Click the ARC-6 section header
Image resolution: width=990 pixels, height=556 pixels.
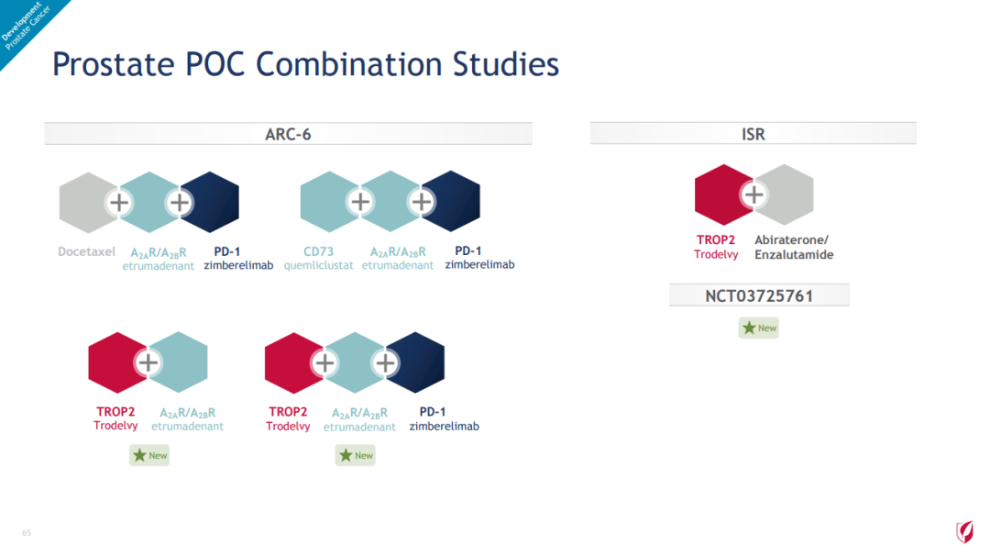click(288, 134)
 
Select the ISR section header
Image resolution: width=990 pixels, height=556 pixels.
click(753, 134)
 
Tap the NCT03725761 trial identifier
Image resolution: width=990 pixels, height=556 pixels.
click(759, 295)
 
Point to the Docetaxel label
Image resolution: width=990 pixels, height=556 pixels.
click(86, 251)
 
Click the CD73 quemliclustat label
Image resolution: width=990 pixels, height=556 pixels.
click(318, 258)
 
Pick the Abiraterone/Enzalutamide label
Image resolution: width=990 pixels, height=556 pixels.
click(794, 247)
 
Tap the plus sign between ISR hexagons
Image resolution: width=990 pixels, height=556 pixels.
click(753, 195)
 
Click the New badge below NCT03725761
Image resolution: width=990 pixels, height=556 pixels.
click(759, 328)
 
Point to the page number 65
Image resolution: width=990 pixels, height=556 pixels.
click(27, 533)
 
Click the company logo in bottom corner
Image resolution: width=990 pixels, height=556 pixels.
click(964, 531)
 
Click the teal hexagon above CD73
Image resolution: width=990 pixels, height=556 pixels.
click(329, 202)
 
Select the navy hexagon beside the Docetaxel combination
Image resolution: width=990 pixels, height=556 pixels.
click(211, 202)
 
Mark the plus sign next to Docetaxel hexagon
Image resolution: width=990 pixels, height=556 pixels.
click(118, 203)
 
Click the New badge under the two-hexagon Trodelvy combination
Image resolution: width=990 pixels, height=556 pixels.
click(149, 455)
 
